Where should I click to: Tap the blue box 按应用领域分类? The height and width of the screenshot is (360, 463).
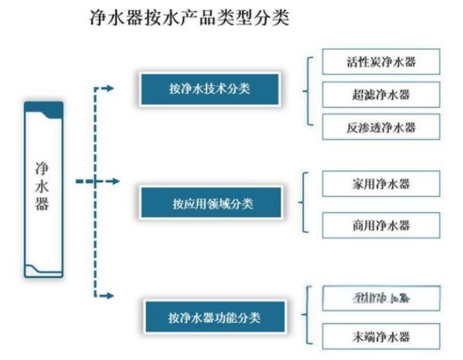click(x=211, y=203)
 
